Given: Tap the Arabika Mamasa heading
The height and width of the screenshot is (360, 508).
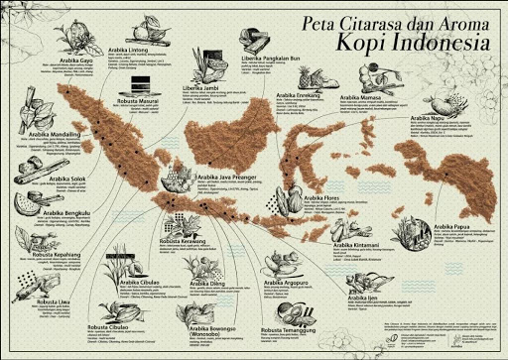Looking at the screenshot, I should click(362, 99).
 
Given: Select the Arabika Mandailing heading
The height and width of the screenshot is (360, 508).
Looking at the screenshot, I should click(55, 132).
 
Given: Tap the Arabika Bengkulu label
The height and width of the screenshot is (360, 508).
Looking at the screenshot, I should click(46, 211).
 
